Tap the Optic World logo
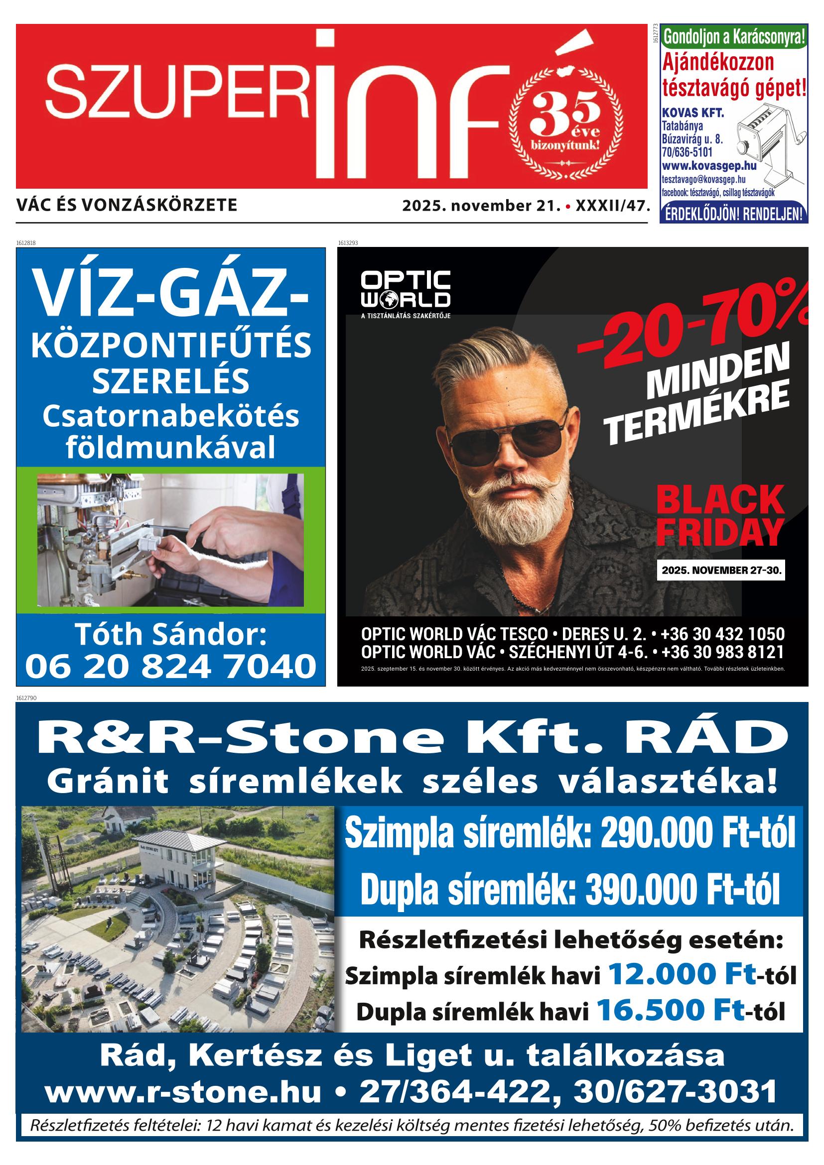(x=405, y=290)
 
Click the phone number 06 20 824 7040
(x=170, y=666)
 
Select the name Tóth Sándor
(x=170, y=634)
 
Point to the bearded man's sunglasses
(x=508, y=440)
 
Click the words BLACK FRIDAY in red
(x=719, y=515)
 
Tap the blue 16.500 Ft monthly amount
(x=670, y=1009)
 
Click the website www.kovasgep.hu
(x=709, y=166)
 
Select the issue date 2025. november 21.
(x=481, y=206)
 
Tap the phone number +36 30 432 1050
(x=723, y=634)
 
